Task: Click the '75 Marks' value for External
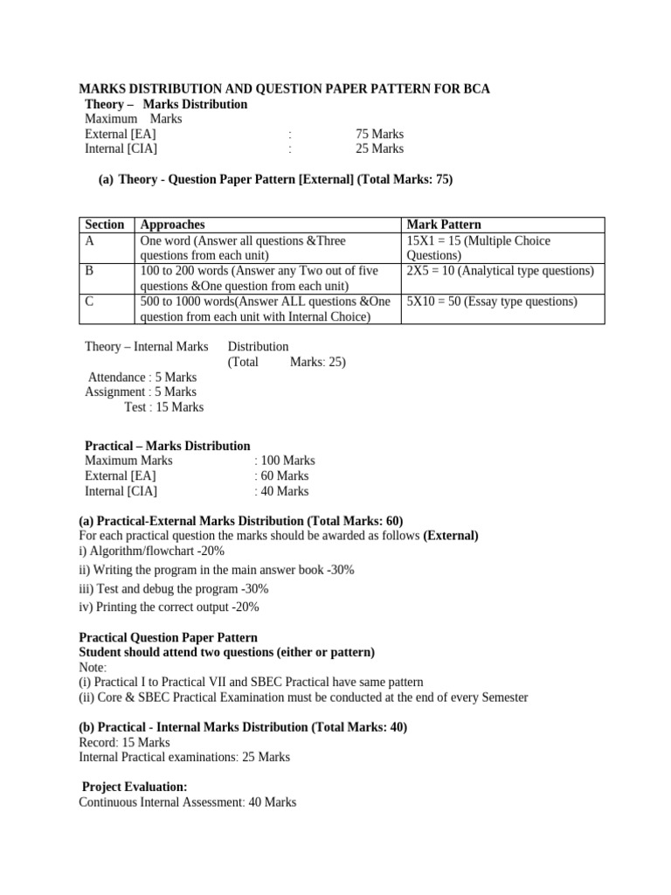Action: (x=379, y=134)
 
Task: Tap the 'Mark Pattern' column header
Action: (x=444, y=225)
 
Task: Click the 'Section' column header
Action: (x=104, y=225)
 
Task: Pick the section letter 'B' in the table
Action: (x=89, y=271)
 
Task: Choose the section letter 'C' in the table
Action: (x=89, y=301)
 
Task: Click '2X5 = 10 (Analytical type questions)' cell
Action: (x=500, y=271)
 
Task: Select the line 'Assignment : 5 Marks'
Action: (x=141, y=392)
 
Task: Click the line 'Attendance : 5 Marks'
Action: (x=142, y=377)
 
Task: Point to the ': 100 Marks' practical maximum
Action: (x=284, y=461)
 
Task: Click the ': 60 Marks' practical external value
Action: (x=280, y=475)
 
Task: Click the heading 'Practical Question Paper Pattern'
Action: (x=169, y=638)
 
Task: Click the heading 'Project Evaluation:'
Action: (x=135, y=787)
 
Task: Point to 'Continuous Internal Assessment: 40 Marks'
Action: (x=188, y=801)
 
